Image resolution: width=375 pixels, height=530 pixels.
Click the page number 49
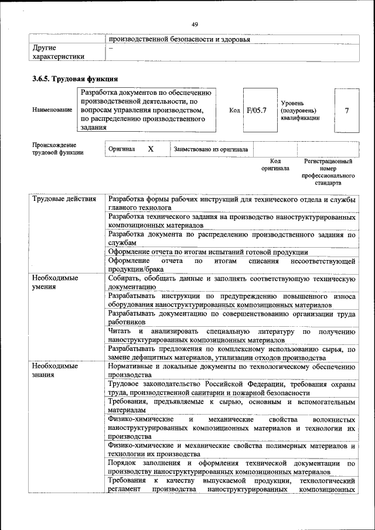[195, 24]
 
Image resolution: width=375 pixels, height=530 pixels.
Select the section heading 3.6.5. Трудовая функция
[76, 78]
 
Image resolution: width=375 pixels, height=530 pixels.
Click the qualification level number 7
[347, 110]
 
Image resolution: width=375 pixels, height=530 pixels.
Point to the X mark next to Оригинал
[151, 149]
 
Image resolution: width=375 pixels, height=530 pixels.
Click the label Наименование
[53, 110]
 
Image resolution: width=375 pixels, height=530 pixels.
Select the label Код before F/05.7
[234, 110]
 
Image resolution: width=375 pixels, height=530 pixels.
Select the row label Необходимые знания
[56, 370]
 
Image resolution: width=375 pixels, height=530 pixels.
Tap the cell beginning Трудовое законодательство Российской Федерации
[232, 388]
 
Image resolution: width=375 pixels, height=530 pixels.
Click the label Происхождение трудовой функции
[58, 149]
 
